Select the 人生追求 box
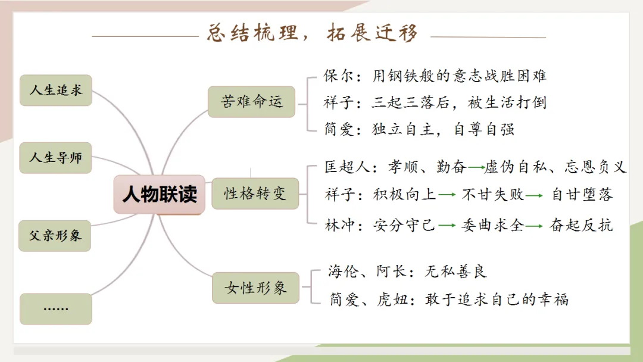[x=55, y=90]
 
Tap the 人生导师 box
[x=55, y=158]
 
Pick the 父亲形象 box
[x=55, y=235]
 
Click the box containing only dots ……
[x=55, y=308]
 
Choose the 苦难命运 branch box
[x=252, y=101]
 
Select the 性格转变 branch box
[x=255, y=193]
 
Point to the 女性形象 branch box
[x=255, y=288]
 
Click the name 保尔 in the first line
[x=338, y=76]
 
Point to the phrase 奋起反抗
[x=581, y=225]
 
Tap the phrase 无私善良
[x=455, y=271]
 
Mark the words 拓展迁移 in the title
[x=372, y=32]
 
